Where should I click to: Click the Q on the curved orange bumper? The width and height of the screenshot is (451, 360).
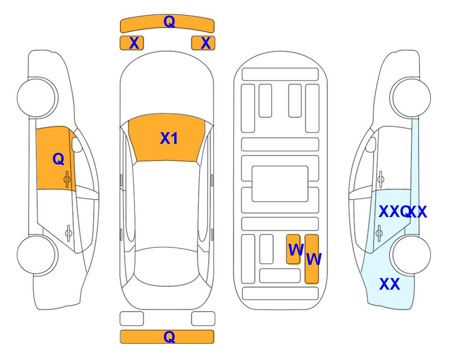tap(169, 22)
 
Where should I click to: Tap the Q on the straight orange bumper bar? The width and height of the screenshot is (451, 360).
tap(169, 337)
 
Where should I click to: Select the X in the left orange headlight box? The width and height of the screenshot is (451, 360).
tap(134, 43)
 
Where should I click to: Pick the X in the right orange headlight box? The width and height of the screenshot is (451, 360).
tap(206, 43)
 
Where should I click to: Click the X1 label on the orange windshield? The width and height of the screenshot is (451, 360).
tap(169, 138)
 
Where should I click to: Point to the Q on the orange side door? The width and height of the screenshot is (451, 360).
tap(59, 159)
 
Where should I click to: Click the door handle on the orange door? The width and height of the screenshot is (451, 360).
tap(67, 180)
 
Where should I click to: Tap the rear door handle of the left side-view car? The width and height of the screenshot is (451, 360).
tap(68, 232)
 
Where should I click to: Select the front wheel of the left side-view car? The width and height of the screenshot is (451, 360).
tap(37, 98)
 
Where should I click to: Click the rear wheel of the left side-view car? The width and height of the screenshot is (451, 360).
tap(37, 255)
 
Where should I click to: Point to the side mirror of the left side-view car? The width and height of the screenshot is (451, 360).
tap(76, 144)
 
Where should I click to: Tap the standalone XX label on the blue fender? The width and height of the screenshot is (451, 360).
tap(390, 284)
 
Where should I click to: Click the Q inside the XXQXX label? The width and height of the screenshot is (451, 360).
tap(406, 212)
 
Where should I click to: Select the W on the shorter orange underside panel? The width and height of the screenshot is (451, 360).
tap(296, 250)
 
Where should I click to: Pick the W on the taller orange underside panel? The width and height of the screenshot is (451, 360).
tap(314, 259)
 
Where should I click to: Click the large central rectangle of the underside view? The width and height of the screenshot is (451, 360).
tap(280, 184)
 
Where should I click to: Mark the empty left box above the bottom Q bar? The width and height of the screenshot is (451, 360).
tap(132, 319)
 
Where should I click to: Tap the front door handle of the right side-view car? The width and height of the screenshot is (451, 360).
tap(380, 179)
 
